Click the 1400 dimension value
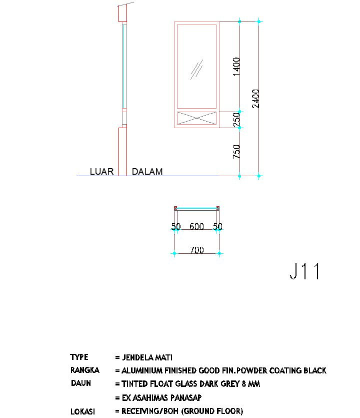(236, 67)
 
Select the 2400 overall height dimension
(255, 98)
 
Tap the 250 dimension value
(236, 120)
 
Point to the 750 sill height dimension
(236, 152)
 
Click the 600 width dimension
(196, 227)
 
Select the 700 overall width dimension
(197, 250)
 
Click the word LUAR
(101, 172)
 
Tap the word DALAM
(147, 172)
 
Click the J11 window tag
(304, 271)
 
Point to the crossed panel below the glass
(196, 119)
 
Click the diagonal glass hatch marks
(197, 70)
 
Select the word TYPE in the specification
(79, 357)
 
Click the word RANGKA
(84, 370)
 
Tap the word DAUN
(80, 384)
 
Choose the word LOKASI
(82, 411)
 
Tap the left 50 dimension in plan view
(175, 227)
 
